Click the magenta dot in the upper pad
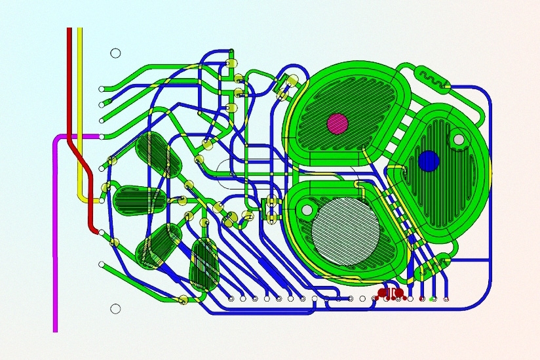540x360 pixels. point(337,123)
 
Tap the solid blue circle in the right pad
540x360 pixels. point(428,160)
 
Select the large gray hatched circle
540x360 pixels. point(345,230)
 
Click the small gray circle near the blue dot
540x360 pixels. point(459,139)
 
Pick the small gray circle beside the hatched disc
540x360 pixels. point(306,210)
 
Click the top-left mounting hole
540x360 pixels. point(115,53)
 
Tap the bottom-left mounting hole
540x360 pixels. point(115,308)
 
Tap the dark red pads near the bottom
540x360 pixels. point(391,292)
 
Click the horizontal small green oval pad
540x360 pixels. point(139,200)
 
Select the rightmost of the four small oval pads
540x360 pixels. point(203,265)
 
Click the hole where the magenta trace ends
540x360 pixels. point(101,136)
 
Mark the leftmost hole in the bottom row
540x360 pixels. point(231,299)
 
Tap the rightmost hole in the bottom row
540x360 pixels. point(447,299)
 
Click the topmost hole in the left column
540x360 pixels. point(101,89)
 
